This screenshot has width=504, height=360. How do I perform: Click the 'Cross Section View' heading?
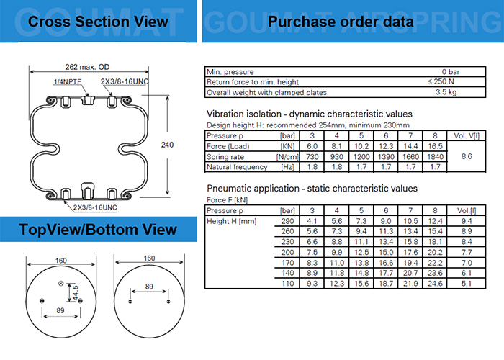coord(98,22)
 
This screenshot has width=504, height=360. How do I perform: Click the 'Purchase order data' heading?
coord(341,22)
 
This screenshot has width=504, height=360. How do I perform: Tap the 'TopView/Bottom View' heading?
coord(99,230)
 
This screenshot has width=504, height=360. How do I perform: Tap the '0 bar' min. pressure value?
coord(451,71)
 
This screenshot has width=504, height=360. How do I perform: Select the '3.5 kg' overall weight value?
coord(448,92)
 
